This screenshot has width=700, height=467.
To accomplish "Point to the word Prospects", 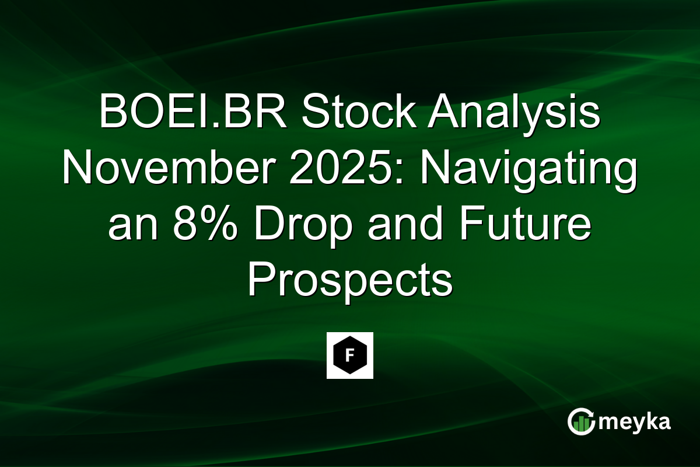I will [x=350, y=283].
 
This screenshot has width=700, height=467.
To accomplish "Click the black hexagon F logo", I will [x=349, y=356].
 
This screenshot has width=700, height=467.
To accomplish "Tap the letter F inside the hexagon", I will [x=349, y=356].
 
